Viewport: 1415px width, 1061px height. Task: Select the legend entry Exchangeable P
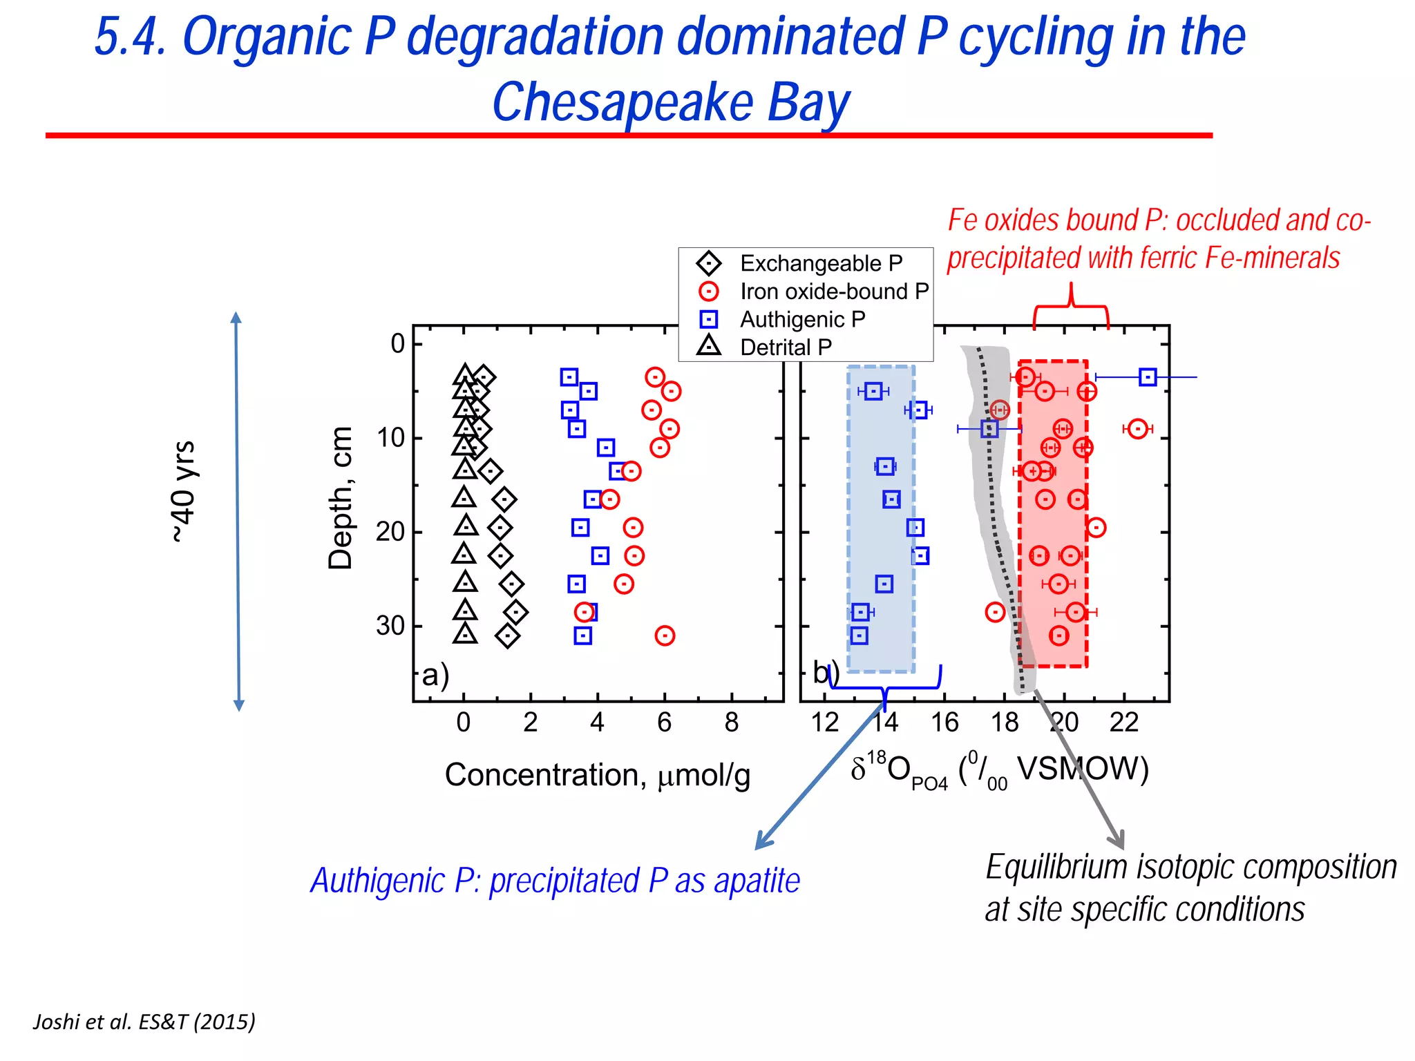click(x=821, y=263)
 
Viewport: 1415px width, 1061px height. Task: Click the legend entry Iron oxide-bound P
click(x=834, y=291)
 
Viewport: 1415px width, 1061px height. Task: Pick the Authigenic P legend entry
click(x=802, y=319)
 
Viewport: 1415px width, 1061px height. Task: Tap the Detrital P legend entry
click(x=786, y=347)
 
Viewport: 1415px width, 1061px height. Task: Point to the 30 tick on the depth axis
click(x=390, y=626)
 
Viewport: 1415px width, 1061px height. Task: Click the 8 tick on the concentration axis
click(x=732, y=723)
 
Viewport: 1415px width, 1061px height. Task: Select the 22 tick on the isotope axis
click(x=1123, y=723)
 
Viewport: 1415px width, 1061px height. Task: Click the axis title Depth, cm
click(x=341, y=497)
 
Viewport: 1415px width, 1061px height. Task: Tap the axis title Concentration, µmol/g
click(x=597, y=775)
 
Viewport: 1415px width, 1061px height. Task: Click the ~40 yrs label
click(x=184, y=492)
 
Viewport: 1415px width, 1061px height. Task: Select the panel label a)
click(x=435, y=675)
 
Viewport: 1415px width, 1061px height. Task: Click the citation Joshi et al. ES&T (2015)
click(x=144, y=1021)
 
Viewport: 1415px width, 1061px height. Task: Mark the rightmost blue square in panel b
click(x=1148, y=377)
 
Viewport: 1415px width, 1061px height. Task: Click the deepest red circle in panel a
click(x=665, y=635)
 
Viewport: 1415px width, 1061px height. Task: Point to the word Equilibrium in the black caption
click(x=1056, y=868)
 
